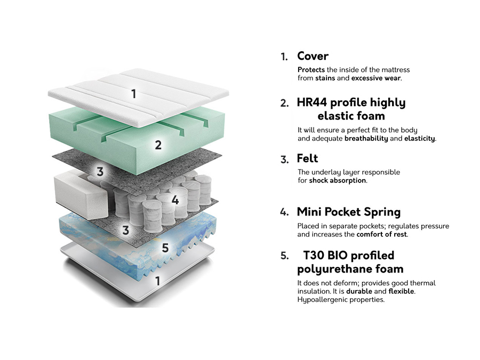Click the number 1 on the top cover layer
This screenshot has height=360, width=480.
click(x=133, y=94)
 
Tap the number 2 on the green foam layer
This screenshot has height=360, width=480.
click(x=158, y=145)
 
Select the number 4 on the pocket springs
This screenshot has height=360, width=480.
click(x=175, y=201)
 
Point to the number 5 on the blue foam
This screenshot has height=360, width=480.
click(x=165, y=248)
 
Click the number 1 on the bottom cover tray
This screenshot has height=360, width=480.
click(x=157, y=281)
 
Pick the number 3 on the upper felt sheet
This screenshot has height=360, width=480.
click(x=100, y=172)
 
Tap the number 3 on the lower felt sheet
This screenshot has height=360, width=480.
click(x=126, y=230)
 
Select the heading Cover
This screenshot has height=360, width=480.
click(x=313, y=56)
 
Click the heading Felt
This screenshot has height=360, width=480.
click(x=307, y=158)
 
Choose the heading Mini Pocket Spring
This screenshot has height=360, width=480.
click(x=348, y=212)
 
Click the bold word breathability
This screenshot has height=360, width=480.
click(x=366, y=139)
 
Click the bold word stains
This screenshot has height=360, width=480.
click(x=325, y=78)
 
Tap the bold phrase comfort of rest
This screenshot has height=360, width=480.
click(x=382, y=234)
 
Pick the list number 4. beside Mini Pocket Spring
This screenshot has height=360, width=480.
click(x=284, y=212)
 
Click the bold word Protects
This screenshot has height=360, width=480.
click(x=311, y=70)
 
